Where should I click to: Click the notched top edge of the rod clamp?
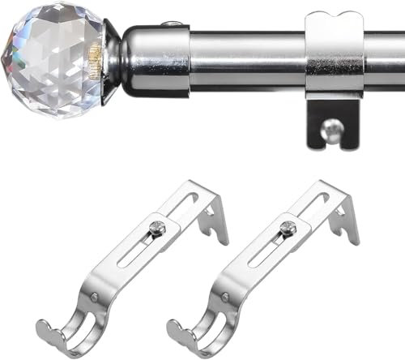[x=335, y=18]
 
